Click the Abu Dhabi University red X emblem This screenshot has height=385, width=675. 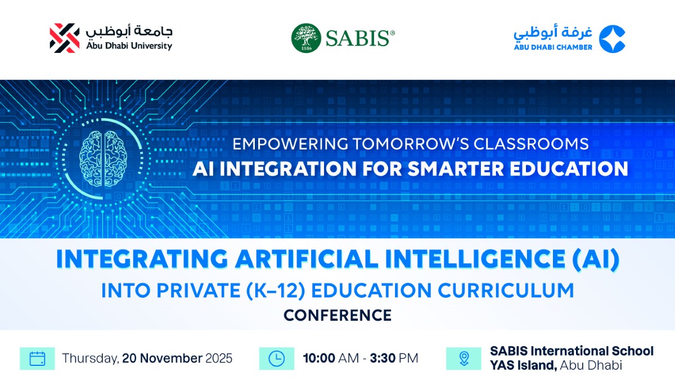pyautogui.click(x=65, y=38)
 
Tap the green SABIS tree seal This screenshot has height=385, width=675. pyautogui.click(x=306, y=38)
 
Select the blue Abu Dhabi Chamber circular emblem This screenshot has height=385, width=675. pyautogui.click(x=611, y=38)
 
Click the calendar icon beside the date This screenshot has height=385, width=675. pyautogui.click(x=37, y=359)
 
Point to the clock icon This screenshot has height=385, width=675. pyautogui.click(x=277, y=359)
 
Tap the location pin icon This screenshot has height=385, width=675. pyautogui.click(x=463, y=359)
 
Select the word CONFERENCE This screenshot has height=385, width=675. pyautogui.click(x=337, y=315)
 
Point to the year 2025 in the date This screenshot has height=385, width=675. pyautogui.click(x=219, y=359)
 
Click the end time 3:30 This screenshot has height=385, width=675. pyautogui.click(x=383, y=359)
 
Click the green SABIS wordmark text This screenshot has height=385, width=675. pyautogui.click(x=357, y=38)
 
